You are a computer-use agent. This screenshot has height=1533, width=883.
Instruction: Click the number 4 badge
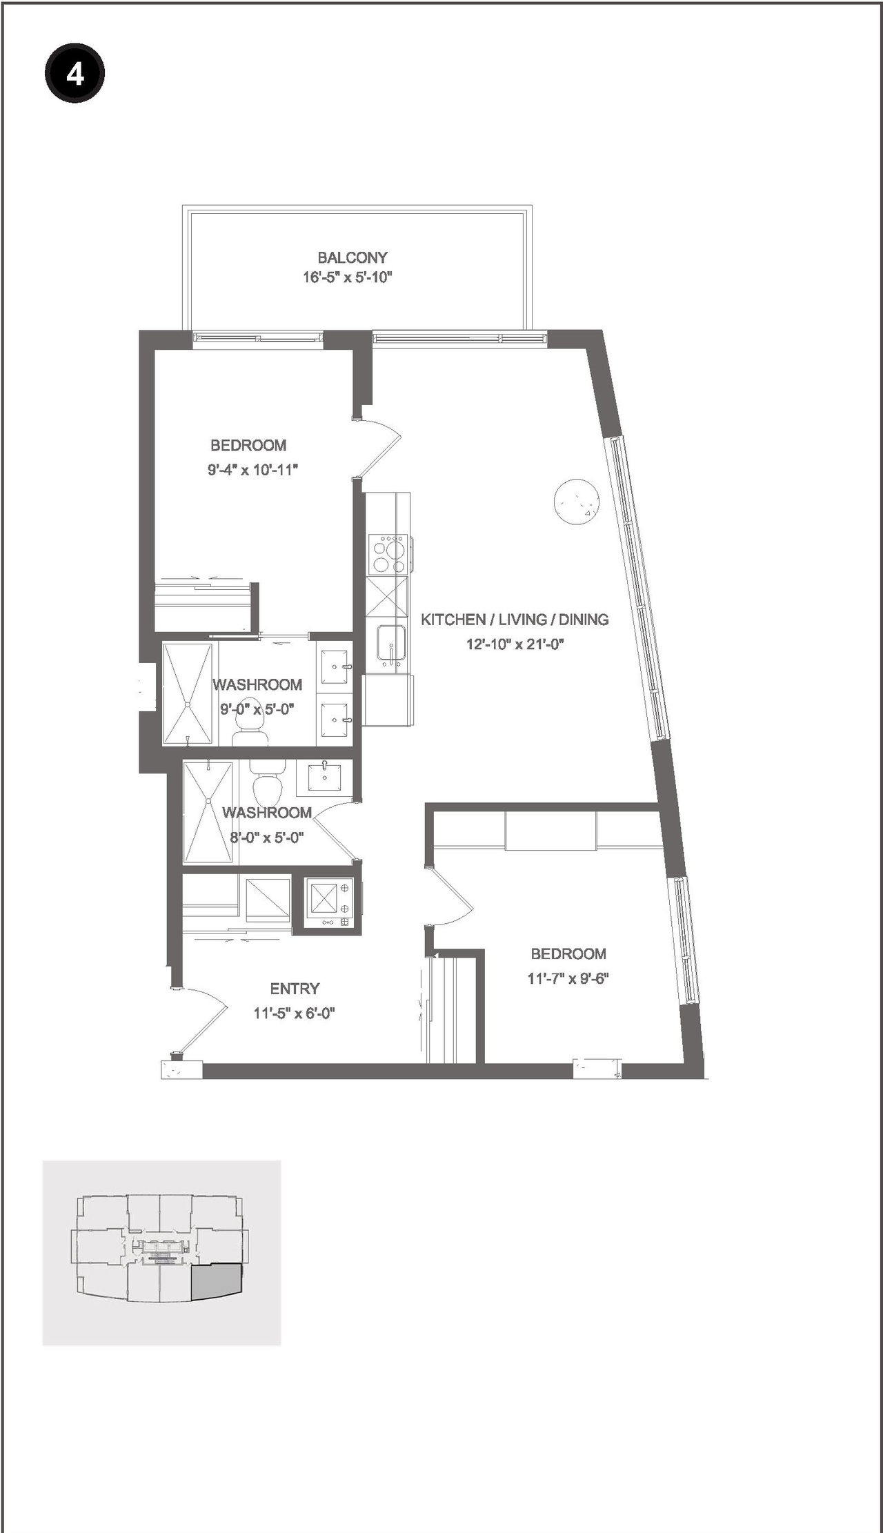coord(75,74)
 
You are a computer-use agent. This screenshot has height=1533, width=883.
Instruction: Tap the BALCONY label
coord(352,257)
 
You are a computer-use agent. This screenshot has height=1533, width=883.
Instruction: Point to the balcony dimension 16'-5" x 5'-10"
coord(347,277)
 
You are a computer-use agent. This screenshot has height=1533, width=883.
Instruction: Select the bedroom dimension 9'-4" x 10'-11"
coord(252,470)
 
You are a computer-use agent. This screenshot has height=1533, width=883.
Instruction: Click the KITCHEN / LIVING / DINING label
coord(515,620)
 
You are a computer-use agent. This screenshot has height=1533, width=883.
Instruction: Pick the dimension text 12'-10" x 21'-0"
coord(515,644)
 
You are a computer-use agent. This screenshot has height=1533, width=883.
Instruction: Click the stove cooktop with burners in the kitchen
coord(388,555)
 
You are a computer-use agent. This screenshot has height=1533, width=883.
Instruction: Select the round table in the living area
coord(576,502)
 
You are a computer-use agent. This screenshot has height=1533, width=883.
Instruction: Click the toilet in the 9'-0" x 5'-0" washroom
coord(250,729)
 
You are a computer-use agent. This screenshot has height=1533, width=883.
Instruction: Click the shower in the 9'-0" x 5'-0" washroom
coord(188,693)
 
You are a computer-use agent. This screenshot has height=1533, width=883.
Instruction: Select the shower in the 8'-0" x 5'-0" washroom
coord(208,811)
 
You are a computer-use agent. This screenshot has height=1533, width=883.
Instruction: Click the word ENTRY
coord(295,989)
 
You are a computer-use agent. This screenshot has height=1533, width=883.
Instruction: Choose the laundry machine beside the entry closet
coord(328,903)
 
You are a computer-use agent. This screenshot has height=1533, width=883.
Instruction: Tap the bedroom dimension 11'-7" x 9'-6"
coord(568,978)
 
